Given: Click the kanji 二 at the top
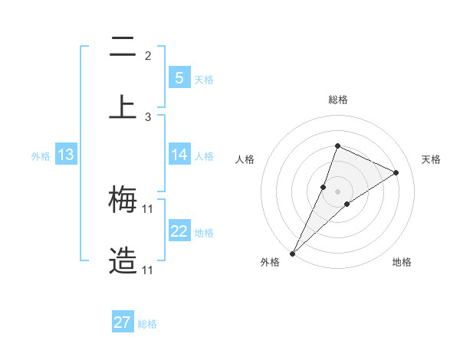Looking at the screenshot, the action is pyautogui.click(x=123, y=48).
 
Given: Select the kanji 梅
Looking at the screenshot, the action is pyautogui.click(x=123, y=201).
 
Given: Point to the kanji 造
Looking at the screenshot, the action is pyautogui.click(x=123, y=261).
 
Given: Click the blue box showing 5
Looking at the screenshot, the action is pyautogui.click(x=179, y=77).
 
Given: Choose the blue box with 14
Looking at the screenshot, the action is pyautogui.click(x=179, y=155).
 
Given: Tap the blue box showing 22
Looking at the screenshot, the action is pyautogui.click(x=179, y=231).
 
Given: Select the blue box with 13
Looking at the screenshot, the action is pyautogui.click(x=66, y=155).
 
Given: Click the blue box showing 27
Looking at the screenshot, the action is pyautogui.click(x=123, y=322).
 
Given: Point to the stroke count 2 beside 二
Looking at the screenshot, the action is pyautogui.click(x=148, y=56).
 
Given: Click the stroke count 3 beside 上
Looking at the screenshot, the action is pyautogui.click(x=148, y=117).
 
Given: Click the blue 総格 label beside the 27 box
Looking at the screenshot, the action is pyautogui.click(x=147, y=324).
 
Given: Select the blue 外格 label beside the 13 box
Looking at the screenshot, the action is pyautogui.click(x=41, y=156).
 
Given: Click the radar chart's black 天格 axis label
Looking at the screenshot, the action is pyautogui.click(x=431, y=159).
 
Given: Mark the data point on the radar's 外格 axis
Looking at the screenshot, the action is pyautogui.click(x=292, y=253).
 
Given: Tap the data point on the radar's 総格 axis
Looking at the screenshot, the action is pyautogui.click(x=337, y=146).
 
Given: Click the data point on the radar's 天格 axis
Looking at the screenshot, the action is pyautogui.click(x=396, y=172).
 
